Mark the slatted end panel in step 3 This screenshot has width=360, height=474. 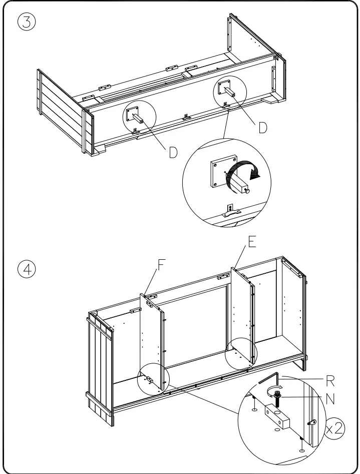[59, 110]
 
